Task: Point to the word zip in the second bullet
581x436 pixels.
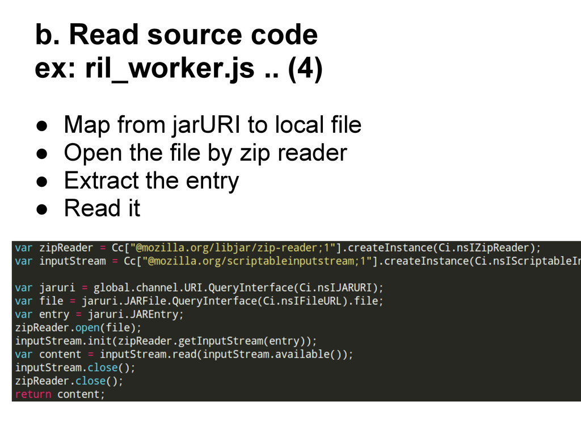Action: click(252, 153)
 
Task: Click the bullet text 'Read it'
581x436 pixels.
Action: click(102, 208)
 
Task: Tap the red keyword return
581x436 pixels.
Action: click(33, 394)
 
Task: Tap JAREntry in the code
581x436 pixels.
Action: click(159, 314)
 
